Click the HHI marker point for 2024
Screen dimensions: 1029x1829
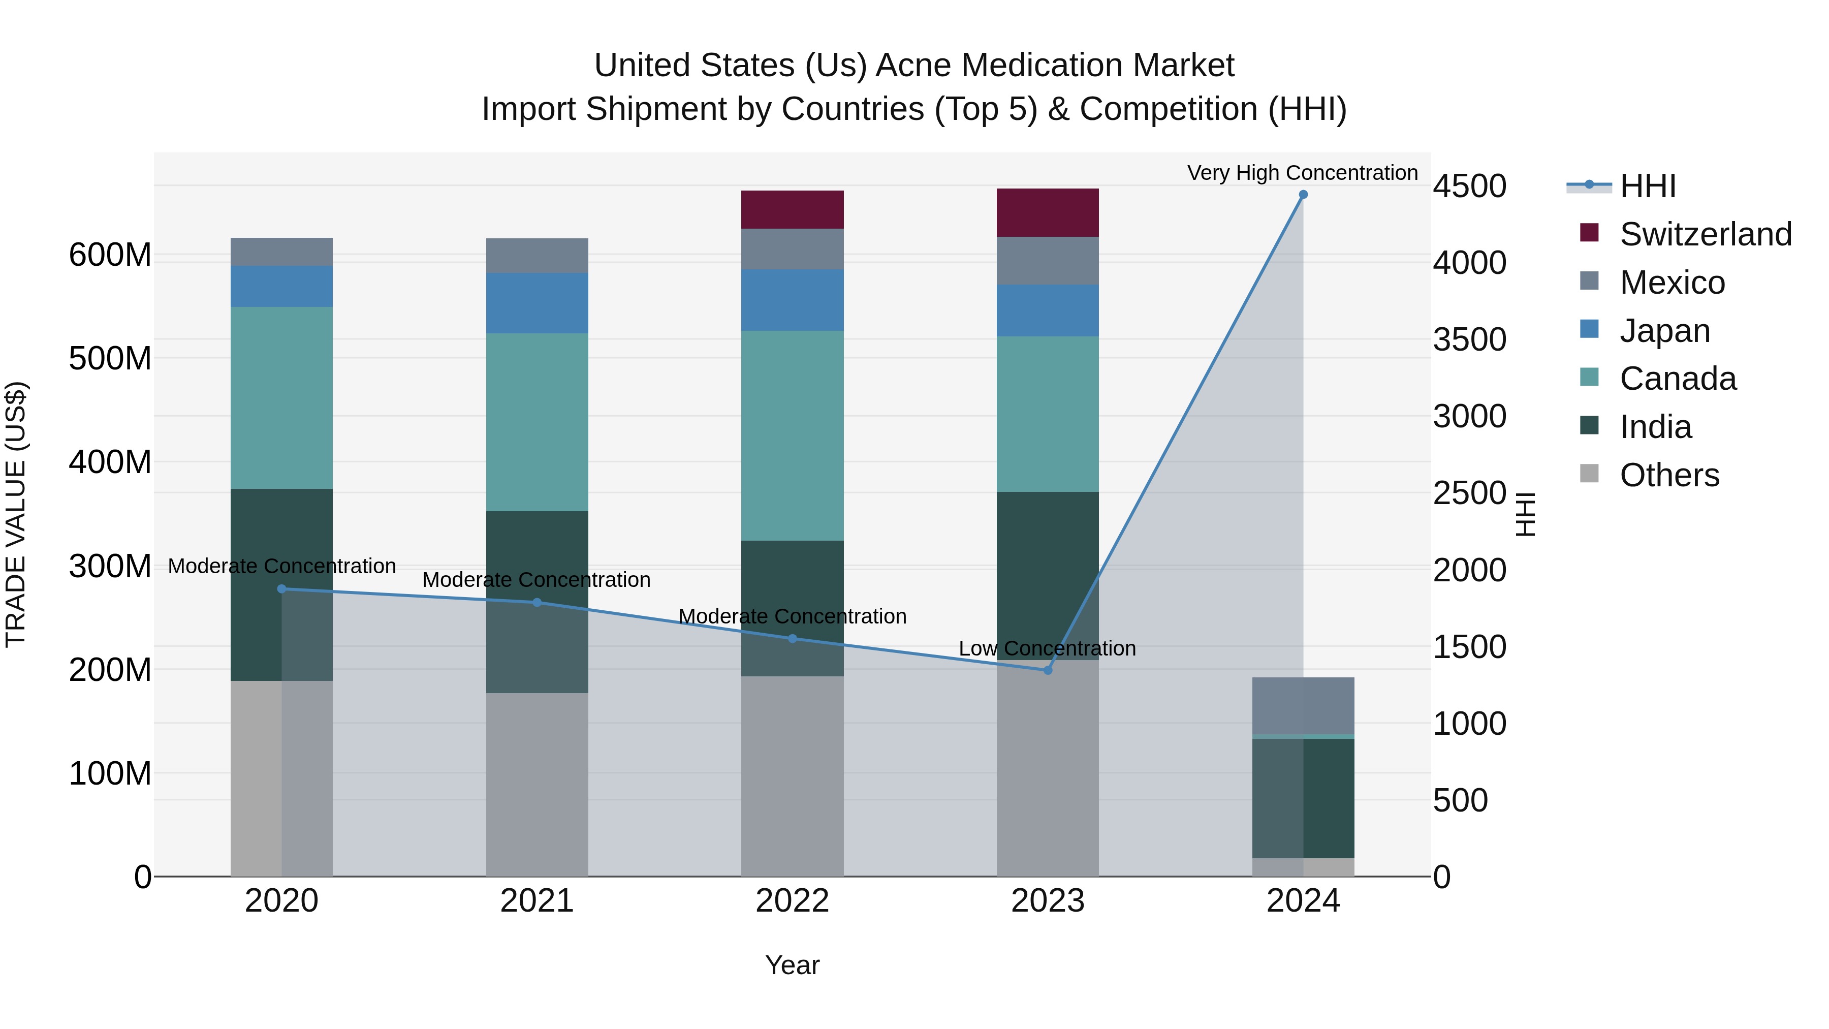pos(1303,195)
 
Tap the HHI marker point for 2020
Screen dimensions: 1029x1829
pos(282,589)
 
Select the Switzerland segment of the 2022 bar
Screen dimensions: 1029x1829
pos(793,209)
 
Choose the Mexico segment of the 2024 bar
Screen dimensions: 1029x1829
pos(1303,705)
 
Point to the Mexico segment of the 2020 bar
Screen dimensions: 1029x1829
pos(282,252)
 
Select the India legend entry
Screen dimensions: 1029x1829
pos(1655,427)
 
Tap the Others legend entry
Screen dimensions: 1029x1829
pos(1669,475)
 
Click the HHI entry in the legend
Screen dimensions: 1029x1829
pos(1647,186)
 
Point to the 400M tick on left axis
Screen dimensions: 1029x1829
pos(110,462)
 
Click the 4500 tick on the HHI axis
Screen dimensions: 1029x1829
pos(1469,186)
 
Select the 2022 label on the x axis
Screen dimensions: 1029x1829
pos(793,901)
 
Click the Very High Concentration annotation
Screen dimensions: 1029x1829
pos(1302,173)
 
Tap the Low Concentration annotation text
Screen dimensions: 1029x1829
pos(1047,648)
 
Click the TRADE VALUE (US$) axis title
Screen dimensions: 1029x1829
pos(16,514)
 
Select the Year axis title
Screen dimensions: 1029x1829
pos(793,965)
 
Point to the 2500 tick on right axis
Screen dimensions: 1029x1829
pos(1469,493)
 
